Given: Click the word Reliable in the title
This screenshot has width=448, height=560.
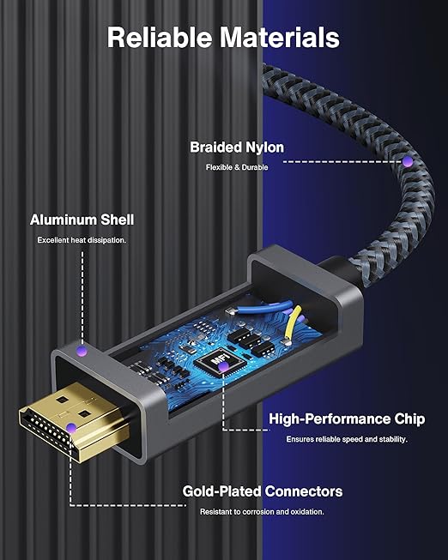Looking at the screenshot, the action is coord(160,37).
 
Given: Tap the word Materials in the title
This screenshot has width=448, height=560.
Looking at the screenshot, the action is coord(279,37).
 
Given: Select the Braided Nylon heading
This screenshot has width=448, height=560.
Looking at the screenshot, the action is coord(237,148).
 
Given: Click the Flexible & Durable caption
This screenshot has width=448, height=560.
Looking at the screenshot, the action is coord(237,167).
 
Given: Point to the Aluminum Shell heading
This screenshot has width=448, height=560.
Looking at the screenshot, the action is coord(82,220).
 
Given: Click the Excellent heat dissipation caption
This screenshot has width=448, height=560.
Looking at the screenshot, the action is coord(82,240).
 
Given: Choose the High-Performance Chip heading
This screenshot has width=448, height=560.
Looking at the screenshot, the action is coord(347,418).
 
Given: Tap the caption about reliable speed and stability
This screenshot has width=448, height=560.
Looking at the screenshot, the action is coord(347,439).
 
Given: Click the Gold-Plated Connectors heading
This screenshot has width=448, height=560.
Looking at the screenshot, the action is coord(263,491).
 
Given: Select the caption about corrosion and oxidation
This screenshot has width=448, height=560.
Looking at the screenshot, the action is coord(262,512).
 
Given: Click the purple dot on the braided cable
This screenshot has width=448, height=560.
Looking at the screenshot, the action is coord(408,162).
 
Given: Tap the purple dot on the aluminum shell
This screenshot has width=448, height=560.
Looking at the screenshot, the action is coord(82,351).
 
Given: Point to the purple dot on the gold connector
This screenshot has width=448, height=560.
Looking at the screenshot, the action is coord(71,428).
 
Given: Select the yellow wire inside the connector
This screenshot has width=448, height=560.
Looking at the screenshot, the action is coord(292,323).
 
